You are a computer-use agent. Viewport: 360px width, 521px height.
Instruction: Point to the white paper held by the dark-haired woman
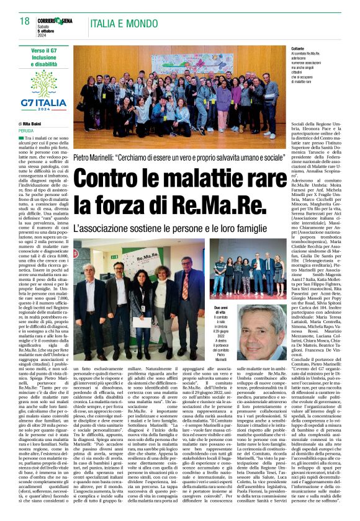click(x=142, y=303)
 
